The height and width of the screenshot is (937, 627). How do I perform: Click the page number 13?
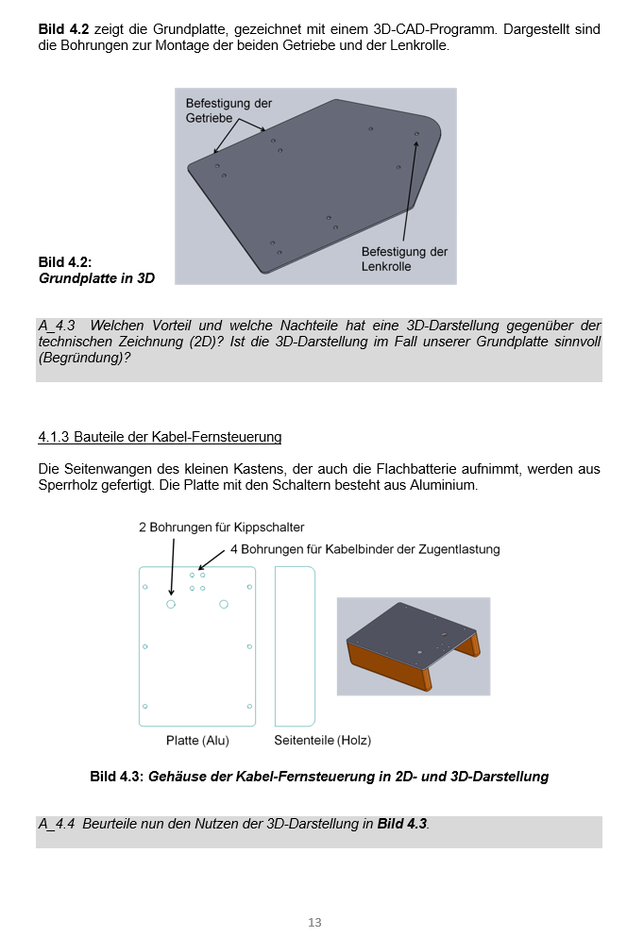(314, 922)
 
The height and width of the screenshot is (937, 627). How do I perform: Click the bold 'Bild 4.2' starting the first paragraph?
(63, 29)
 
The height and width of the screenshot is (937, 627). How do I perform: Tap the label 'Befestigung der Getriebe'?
(229, 110)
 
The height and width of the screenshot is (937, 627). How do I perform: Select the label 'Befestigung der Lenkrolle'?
(404, 259)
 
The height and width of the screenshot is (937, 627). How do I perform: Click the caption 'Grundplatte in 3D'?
(96, 278)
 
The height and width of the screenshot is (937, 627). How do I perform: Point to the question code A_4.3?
(57, 326)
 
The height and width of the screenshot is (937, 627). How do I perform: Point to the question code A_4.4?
(57, 824)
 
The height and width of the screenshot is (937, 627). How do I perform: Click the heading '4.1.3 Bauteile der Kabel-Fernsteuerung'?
(160, 437)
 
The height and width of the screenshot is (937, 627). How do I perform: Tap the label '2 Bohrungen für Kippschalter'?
(221, 527)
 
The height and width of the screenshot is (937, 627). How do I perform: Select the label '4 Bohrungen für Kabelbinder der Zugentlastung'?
(364, 548)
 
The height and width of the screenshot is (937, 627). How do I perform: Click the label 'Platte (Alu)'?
(197, 741)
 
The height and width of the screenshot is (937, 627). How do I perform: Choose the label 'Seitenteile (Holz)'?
(322, 741)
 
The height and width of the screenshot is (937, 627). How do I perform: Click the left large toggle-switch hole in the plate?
(171, 604)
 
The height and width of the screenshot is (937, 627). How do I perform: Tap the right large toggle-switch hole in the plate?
(224, 604)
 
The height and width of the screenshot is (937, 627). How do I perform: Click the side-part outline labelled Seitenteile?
(294, 646)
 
